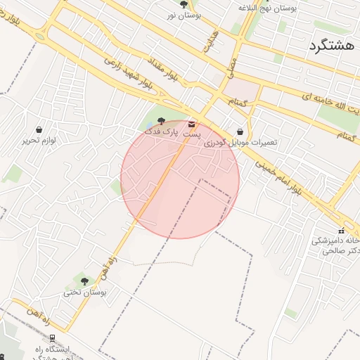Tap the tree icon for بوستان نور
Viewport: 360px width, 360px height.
pos(184,4)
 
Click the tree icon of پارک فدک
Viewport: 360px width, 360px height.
pos(162,120)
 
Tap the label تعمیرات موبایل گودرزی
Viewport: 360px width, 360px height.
pos(240,142)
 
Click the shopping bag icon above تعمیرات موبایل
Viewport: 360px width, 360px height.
pos(240,131)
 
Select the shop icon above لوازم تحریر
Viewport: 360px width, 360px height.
pos(38,130)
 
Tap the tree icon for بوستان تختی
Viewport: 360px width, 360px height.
pos(84,281)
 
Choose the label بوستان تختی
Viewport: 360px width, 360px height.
pos(84,292)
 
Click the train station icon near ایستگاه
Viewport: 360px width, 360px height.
pos(52,338)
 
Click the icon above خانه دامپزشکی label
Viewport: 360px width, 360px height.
pos(341,231)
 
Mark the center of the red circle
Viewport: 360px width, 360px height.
pos(180,179)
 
